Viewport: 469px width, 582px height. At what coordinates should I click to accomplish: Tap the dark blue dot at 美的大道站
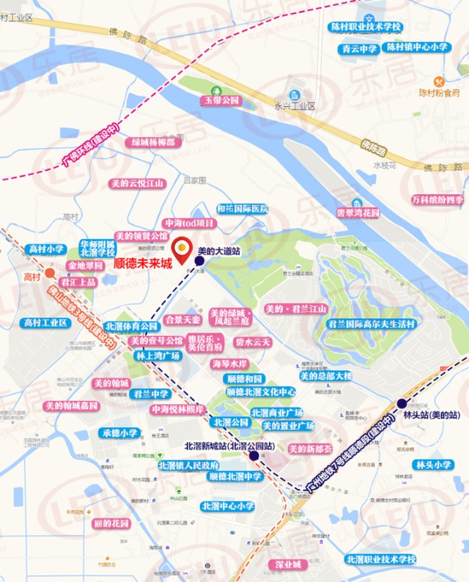tap(199, 260)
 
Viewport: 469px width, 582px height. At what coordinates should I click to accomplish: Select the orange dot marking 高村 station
tap(49, 274)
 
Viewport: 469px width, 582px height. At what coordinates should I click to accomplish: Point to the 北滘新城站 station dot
tap(254, 455)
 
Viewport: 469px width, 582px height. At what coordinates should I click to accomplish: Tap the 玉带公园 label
tap(222, 100)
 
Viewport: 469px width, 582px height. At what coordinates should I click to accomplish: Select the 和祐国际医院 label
tap(243, 209)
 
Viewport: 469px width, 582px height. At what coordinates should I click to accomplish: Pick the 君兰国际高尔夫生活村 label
tap(372, 324)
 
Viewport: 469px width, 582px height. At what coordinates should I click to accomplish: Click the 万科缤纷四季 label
tap(437, 199)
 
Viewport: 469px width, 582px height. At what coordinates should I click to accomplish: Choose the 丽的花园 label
tap(111, 523)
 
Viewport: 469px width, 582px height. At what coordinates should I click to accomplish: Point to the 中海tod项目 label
tap(190, 223)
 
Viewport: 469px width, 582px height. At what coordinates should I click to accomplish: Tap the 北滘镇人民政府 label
tap(188, 465)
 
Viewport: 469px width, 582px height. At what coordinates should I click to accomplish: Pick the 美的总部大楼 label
tap(325, 376)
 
